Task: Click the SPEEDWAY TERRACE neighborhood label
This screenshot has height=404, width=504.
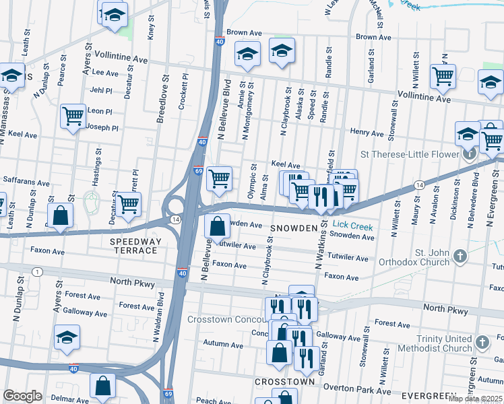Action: point(135,246)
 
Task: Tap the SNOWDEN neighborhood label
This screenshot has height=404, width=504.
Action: point(293,229)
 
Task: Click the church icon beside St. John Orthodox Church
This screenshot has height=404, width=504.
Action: point(460,256)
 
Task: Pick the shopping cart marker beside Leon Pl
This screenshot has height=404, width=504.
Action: point(73,115)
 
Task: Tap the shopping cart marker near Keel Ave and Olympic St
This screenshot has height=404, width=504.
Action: point(218,178)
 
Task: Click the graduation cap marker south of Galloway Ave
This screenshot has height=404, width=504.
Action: point(67,337)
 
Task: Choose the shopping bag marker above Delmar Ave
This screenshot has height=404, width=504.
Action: point(102,385)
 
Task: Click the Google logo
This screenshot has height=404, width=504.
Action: point(22,396)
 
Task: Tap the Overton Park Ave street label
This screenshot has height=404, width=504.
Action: point(357,390)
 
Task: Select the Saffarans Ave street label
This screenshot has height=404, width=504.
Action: point(26,182)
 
